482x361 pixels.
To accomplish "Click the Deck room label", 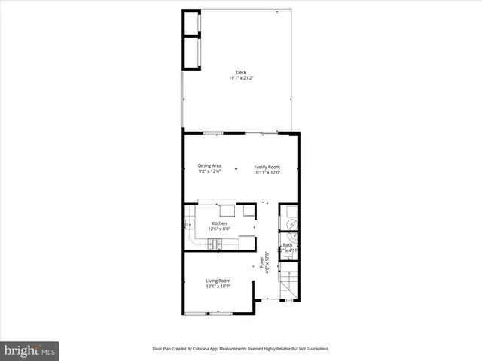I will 241,72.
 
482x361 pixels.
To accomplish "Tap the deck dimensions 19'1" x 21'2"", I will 241,78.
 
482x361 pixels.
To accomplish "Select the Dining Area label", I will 209,166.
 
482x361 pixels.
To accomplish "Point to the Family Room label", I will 267,167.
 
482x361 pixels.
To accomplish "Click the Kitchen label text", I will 219,223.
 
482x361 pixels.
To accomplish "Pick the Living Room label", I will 218,281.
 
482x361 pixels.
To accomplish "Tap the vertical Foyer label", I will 262,262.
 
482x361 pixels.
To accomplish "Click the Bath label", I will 287,245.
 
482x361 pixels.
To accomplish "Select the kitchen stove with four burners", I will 215,244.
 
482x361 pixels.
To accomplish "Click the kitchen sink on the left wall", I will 188,224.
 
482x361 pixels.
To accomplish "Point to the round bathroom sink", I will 294,236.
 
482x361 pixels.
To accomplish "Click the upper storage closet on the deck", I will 191,23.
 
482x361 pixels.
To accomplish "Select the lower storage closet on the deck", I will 191,53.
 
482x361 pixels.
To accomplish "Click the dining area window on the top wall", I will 213,133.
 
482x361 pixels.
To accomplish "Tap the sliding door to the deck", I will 264,133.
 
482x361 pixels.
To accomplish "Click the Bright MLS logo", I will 29,350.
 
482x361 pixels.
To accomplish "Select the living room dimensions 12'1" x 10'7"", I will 218,287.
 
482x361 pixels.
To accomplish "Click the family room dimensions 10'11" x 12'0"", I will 267,173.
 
